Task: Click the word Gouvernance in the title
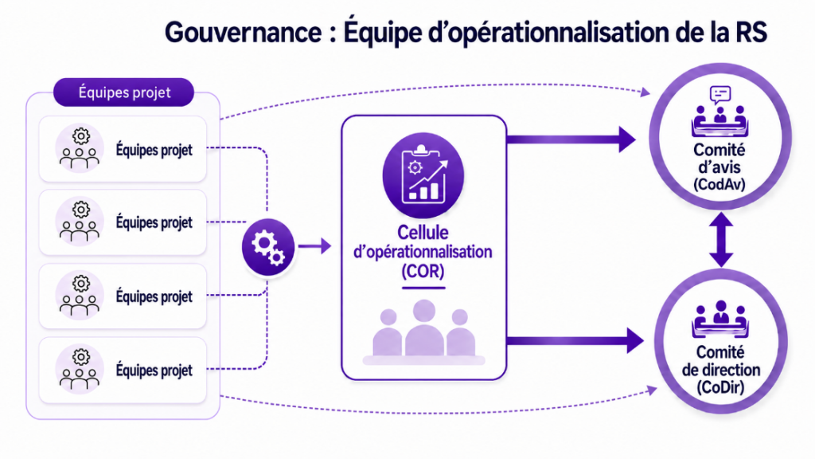point(244,32)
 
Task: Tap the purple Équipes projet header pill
point(123,92)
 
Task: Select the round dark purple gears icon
point(268,247)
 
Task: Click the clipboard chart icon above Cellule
point(423,175)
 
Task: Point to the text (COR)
point(423,271)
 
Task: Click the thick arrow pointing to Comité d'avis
point(571,139)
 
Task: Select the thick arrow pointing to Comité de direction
point(575,341)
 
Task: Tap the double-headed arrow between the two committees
point(721,240)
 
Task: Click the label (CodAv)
point(719,184)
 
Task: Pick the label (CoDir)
point(720,387)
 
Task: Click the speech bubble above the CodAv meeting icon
point(719,95)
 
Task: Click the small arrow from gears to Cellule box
point(315,245)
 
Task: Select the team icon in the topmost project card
point(79,149)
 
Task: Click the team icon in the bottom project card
point(79,371)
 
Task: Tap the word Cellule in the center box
point(423,232)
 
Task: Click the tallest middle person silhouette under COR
point(424,328)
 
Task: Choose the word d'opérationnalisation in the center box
point(423,252)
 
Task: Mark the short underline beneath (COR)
point(423,288)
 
